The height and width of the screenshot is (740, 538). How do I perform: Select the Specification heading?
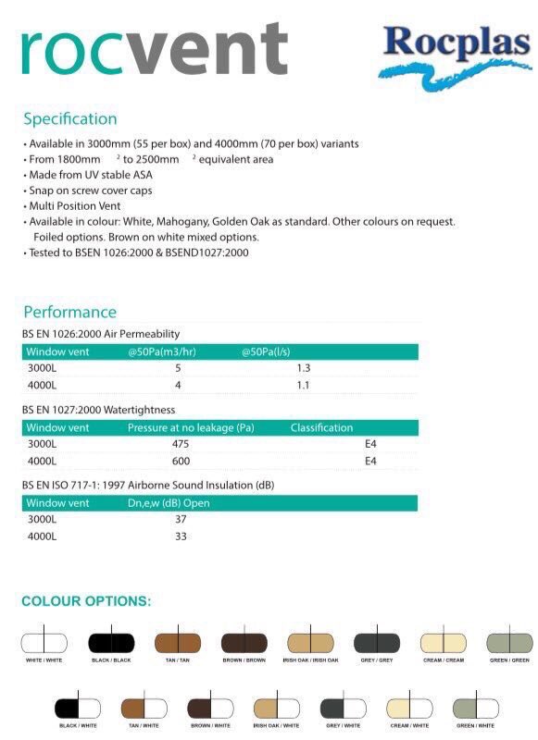pyautogui.click(x=70, y=118)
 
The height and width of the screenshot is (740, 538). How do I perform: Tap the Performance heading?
pyautogui.click(x=70, y=312)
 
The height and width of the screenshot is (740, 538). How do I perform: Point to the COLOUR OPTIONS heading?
pyautogui.click(x=86, y=601)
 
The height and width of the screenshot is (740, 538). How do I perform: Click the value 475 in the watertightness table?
pyautogui.click(x=181, y=444)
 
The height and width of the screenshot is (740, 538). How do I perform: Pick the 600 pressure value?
pyautogui.click(x=181, y=461)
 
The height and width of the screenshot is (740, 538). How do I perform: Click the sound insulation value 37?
pyautogui.click(x=181, y=520)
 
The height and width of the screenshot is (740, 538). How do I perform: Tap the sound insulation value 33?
pyautogui.click(x=181, y=536)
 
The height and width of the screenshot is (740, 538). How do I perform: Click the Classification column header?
pyautogui.click(x=321, y=427)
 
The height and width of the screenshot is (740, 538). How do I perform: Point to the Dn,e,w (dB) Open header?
pyautogui.click(x=169, y=503)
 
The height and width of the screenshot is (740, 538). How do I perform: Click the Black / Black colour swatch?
pyautogui.click(x=111, y=643)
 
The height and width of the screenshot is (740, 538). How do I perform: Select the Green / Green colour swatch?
pyautogui.click(x=510, y=643)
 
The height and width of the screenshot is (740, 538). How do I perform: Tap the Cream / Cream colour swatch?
pyautogui.click(x=444, y=643)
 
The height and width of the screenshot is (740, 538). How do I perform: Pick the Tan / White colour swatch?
pyautogui.click(x=144, y=709)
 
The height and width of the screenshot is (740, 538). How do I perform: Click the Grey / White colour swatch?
pyautogui.click(x=344, y=709)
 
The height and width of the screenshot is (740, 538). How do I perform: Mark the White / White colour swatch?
pyautogui.click(x=44, y=643)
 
